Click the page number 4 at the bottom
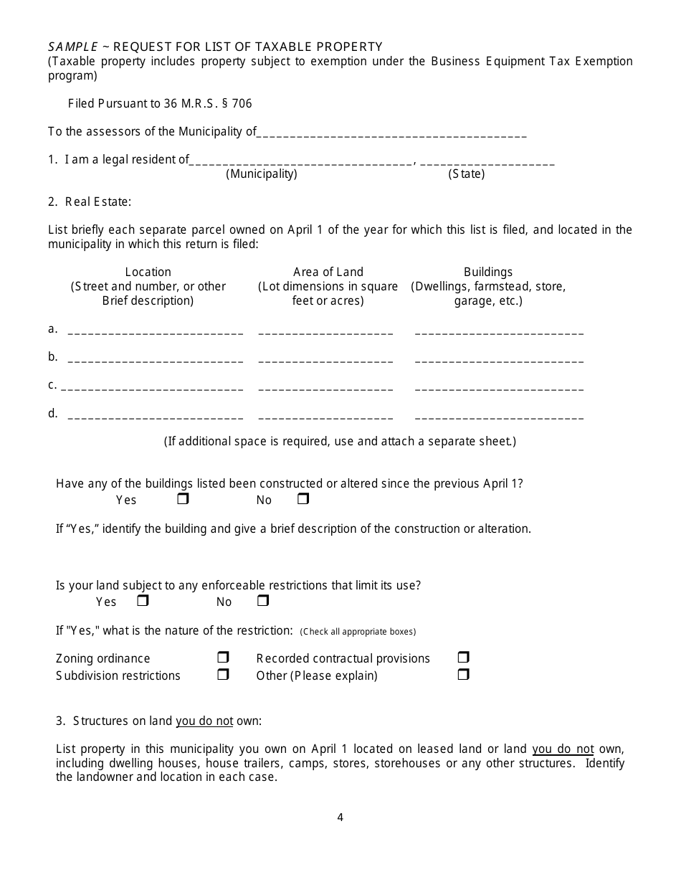tap(340, 817)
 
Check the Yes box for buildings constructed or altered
tap(183, 499)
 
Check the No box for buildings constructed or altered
tap(303, 499)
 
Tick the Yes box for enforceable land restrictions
tap(143, 601)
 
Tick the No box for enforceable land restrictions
tap(262, 601)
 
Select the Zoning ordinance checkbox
tap(223, 658)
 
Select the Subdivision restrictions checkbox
tap(223, 675)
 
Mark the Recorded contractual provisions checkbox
tap(463, 658)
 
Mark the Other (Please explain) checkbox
tap(463, 675)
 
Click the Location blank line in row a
tap(155, 331)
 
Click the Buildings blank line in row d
tap(499, 416)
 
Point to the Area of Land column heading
tap(328, 272)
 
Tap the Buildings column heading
tap(488, 272)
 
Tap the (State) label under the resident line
tap(467, 174)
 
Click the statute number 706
tap(242, 103)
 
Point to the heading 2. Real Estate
tap(90, 201)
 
